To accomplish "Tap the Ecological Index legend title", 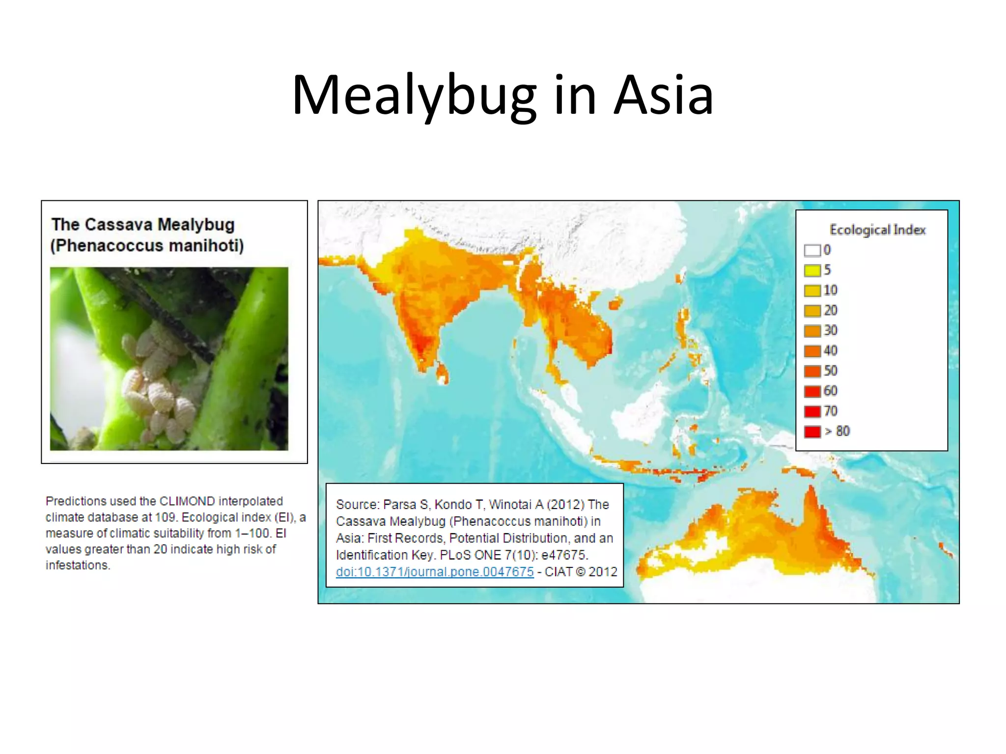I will (877, 230).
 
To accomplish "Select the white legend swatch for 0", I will (812, 250).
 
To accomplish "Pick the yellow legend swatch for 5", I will (812, 270).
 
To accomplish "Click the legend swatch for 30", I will (812, 331).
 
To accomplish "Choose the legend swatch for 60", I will (812, 391).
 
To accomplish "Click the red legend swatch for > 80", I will (812, 431).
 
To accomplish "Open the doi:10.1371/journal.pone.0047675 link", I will (435, 572).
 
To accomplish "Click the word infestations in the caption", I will (78, 565).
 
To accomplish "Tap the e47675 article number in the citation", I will (564, 555).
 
